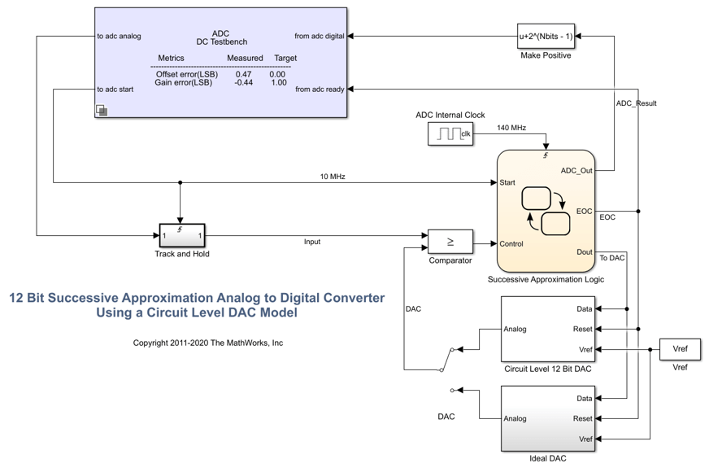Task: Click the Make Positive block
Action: tap(546, 36)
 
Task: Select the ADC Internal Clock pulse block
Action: tap(450, 134)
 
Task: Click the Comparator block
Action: tap(450, 242)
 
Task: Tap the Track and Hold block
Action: tap(181, 236)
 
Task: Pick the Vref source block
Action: tap(680, 349)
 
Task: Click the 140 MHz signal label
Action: tap(511, 128)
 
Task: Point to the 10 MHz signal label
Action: tap(332, 177)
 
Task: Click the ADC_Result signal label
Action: tap(636, 103)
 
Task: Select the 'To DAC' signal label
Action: tap(612, 258)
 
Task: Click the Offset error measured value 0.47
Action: tap(243, 74)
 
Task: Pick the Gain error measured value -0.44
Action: tap(243, 82)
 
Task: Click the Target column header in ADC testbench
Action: tap(285, 59)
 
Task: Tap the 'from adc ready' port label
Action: tap(320, 90)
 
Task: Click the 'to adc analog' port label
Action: tap(119, 36)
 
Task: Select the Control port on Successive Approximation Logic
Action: tap(511, 243)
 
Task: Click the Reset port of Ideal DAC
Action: tap(582, 418)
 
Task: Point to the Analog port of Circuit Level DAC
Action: tap(515, 329)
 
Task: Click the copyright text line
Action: tap(208, 343)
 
